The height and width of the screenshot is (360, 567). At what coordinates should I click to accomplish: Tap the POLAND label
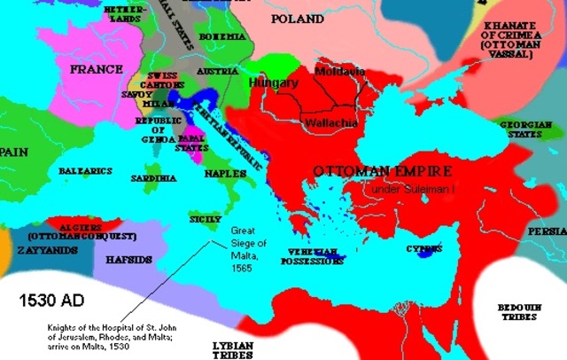point(298,19)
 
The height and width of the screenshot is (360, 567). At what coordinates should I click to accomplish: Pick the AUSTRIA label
point(217,70)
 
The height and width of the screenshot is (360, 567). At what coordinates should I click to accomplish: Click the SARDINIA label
point(154,178)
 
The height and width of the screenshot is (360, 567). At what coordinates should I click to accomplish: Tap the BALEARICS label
point(84,169)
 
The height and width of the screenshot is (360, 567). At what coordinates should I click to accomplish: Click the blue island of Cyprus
point(430,253)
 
